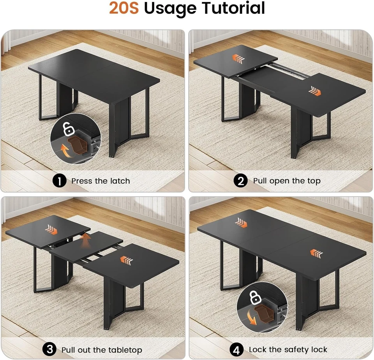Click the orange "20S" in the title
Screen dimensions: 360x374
pyautogui.click(x=123, y=9)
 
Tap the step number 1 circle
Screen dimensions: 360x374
pyautogui.click(x=59, y=181)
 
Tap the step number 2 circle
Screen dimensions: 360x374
pyautogui.click(x=240, y=181)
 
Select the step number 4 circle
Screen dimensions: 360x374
pyautogui.click(x=237, y=349)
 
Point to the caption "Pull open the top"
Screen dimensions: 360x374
pyautogui.click(x=287, y=181)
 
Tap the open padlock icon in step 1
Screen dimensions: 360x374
pyautogui.click(x=69, y=128)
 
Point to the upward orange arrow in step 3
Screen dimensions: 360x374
pyautogui.click(x=85, y=239)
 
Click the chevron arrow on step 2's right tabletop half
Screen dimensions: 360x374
pyautogui.click(x=314, y=91)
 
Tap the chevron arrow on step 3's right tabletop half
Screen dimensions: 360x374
pyautogui.click(x=126, y=260)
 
